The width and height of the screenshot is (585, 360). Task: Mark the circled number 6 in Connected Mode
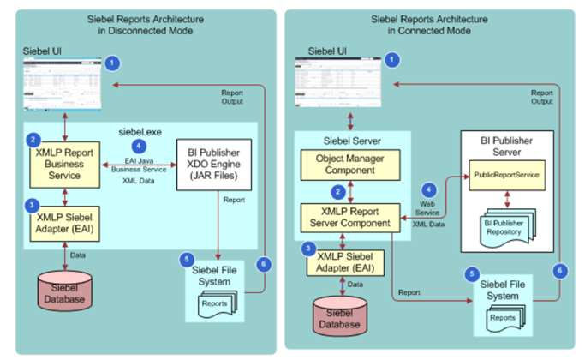pos(561,270)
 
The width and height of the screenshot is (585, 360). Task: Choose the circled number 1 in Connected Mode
pos(392,60)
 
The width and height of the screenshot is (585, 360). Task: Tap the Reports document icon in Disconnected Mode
pos(215,304)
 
